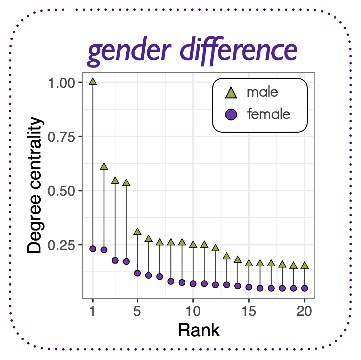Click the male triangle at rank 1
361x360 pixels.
(93, 82)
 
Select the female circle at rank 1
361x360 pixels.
(93, 249)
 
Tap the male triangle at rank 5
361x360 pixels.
(137, 232)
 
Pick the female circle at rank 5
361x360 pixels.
(137, 273)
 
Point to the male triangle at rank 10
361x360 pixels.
(193, 245)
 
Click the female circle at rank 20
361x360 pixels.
(305, 288)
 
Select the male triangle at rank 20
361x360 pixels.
(305, 266)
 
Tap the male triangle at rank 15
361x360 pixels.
(249, 263)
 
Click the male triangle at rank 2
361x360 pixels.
(104, 167)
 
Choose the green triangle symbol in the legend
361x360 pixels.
(231, 93)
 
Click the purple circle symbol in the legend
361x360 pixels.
(231, 114)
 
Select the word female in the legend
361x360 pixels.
(268, 114)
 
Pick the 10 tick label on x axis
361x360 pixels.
(193, 311)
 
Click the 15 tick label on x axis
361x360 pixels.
(249, 311)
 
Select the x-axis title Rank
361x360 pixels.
(199, 330)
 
